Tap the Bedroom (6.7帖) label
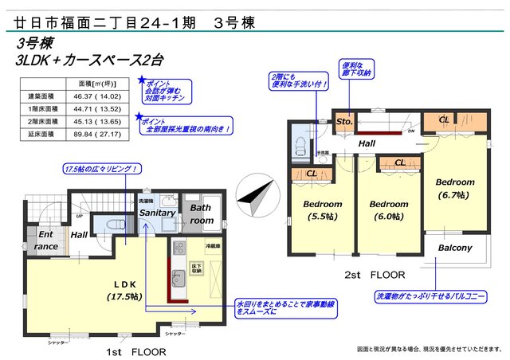[455, 188]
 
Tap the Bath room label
[201, 214]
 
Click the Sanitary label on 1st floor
[157, 213]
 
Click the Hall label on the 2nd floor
[367, 143]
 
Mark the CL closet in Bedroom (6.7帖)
[445, 120]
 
